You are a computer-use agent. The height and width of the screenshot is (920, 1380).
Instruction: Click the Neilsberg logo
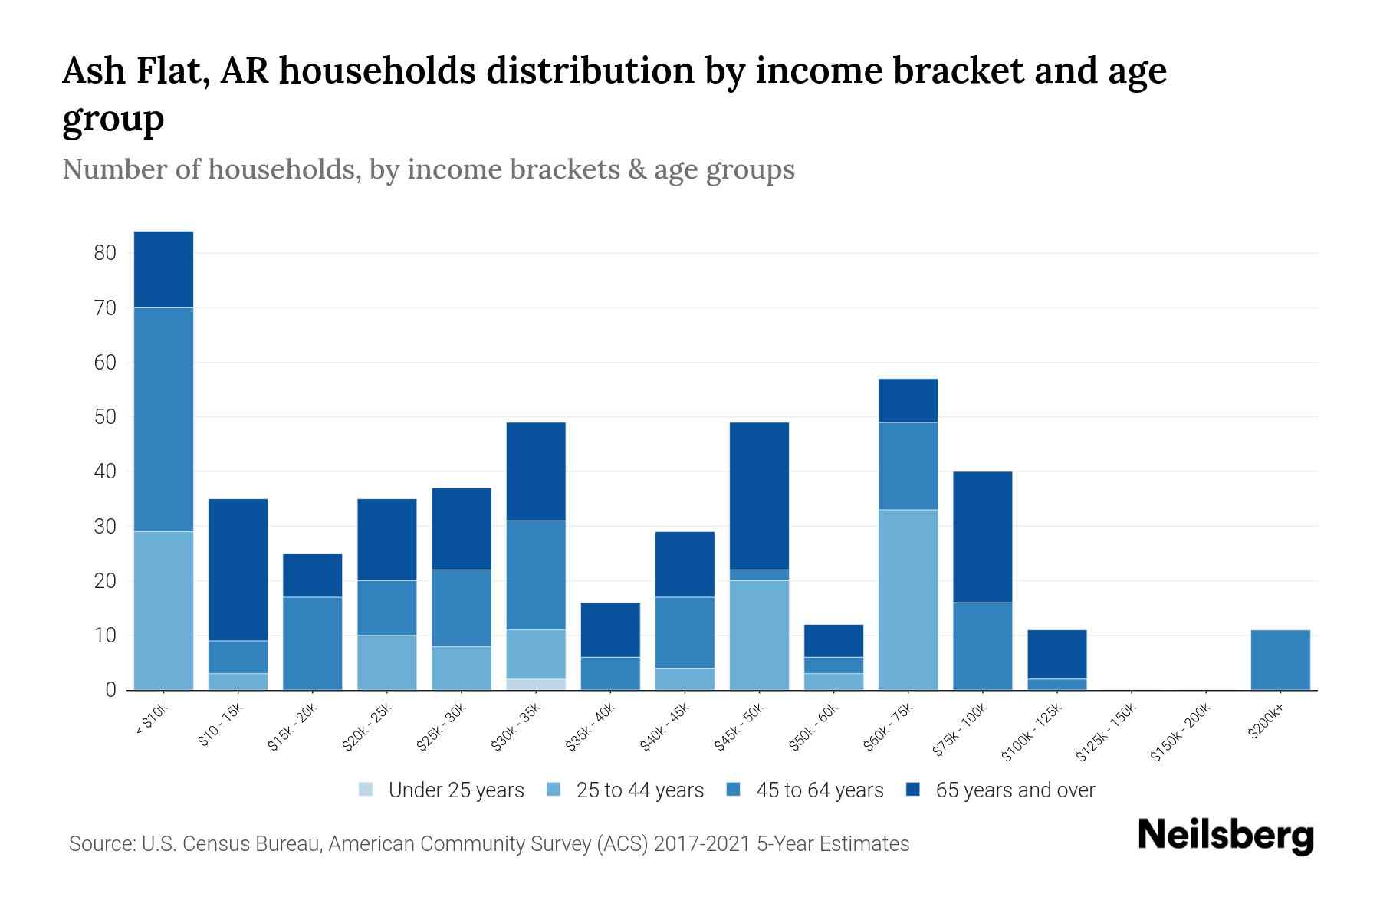point(1225,835)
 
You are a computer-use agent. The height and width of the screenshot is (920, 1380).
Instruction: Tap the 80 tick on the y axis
point(105,253)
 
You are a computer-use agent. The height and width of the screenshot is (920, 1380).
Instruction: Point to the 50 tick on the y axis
point(105,417)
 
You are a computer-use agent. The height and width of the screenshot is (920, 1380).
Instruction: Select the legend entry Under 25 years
point(442,790)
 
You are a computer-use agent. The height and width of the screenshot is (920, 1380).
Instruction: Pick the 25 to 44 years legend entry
point(626,790)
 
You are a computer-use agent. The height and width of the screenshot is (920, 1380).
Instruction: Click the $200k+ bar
point(1280,660)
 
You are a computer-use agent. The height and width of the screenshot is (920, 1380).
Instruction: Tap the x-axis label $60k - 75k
point(888,727)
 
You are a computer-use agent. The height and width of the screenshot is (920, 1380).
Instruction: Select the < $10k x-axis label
point(152,720)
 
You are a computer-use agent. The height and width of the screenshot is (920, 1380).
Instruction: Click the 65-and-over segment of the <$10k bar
point(163,269)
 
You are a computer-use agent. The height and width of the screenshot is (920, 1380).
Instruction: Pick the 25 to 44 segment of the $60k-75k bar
point(908,600)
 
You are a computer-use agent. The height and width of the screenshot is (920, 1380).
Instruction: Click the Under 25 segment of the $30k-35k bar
point(536,685)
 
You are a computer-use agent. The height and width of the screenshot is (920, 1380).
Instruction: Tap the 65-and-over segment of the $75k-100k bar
point(982,537)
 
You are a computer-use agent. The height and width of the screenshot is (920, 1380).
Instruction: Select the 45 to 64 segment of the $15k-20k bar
point(312,643)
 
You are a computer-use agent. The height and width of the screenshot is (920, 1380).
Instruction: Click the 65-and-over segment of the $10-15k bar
point(238,570)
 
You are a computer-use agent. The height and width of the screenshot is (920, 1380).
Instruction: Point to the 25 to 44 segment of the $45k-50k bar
point(759,635)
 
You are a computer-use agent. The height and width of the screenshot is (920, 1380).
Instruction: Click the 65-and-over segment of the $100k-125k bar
point(1056,654)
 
